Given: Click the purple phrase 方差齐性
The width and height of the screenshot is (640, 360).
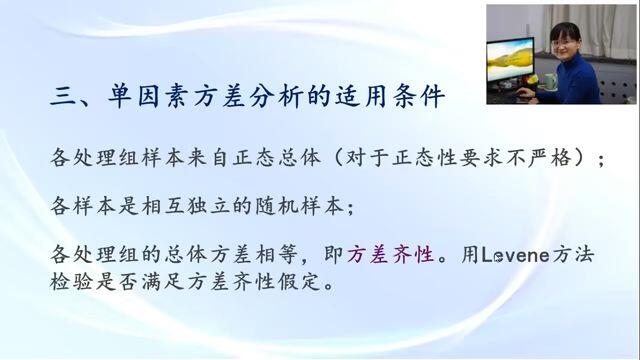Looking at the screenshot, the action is click(391, 255).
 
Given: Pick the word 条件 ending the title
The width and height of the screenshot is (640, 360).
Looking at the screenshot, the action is click(418, 97).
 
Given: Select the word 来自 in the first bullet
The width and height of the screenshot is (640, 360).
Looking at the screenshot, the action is click(208, 158).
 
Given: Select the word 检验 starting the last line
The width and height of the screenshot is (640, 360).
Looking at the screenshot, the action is click(71, 282).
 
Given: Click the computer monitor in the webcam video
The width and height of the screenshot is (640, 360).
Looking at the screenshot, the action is click(511, 61).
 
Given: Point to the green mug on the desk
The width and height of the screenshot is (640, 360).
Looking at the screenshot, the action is click(551, 81).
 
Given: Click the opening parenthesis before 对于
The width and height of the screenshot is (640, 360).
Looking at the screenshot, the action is click(338, 158).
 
